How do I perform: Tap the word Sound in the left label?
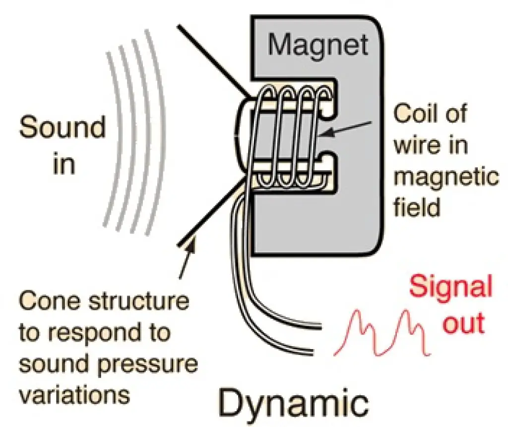coord(63,127)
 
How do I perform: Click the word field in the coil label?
coord(417,207)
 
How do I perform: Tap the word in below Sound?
coord(63,165)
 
